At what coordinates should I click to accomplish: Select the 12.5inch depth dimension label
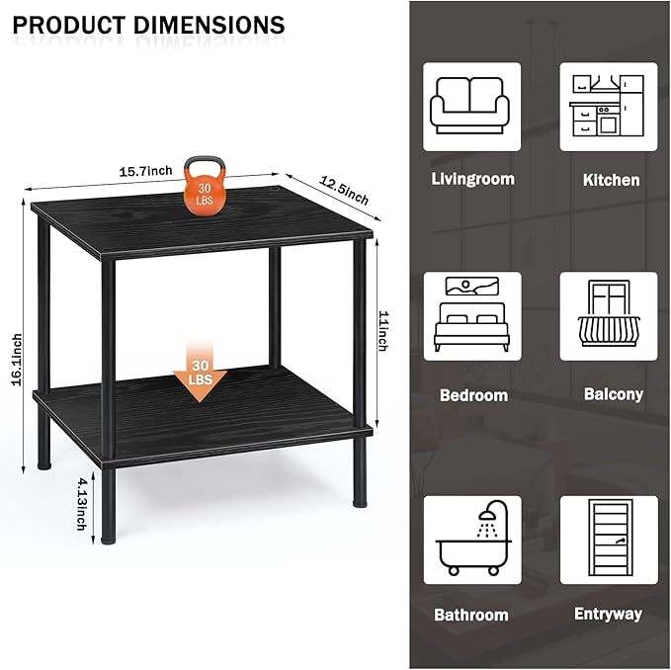(x=344, y=191)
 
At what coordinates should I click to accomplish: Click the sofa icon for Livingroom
(x=472, y=107)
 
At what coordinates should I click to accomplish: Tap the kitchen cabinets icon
(x=609, y=107)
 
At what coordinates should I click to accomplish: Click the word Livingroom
(x=473, y=179)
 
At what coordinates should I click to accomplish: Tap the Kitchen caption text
(x=611, y=180)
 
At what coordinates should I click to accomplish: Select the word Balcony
(x=613, y=394)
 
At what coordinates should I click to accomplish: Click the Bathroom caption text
(x=471, y=615)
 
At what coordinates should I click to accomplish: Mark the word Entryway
(x=608, y=614)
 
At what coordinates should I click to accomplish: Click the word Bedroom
(x=473, y=395)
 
